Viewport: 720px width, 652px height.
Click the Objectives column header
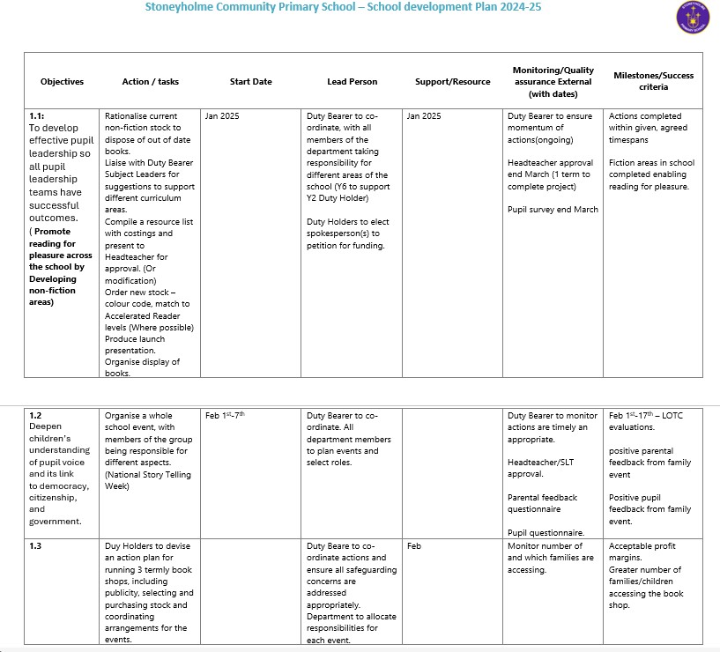pos(62,82)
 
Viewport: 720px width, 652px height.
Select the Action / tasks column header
pos(150,82)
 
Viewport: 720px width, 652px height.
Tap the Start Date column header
pos(250,82)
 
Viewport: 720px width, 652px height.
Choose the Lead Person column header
pos(352,82)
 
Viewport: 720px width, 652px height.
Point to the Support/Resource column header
pos(452,82)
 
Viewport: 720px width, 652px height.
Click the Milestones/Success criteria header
pos(653,81)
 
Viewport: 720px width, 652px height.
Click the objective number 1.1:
pos(38,115)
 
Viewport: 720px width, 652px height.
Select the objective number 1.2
pos(35,415)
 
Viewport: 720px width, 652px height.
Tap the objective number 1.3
pos(35,546)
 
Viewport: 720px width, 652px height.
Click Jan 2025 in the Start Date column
pos(222,115)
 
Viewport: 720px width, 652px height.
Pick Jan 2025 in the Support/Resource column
pos(424,115)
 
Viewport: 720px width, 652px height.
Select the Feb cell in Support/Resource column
pos(414,546)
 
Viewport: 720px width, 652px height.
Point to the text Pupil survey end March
pos(553,210)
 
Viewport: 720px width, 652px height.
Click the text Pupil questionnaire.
pos(546,532)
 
